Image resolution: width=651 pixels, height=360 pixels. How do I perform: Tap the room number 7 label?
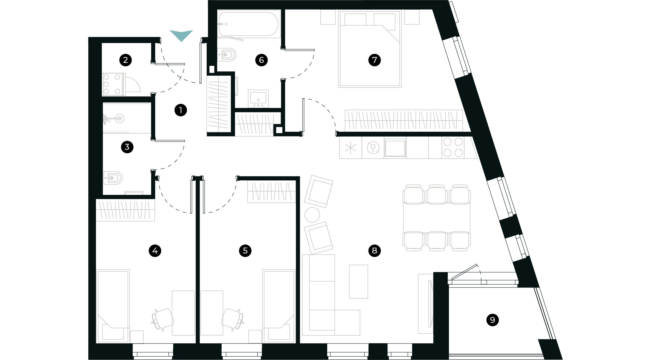pyautogui.click(x=374, y=60)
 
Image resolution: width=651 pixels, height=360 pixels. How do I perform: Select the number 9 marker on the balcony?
pyautogui.click(x=492, y=320)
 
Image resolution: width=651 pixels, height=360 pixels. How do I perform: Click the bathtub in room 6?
pyautogui.click(x=249, y=24)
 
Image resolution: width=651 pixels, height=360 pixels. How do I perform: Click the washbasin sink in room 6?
pyautogui.click(x=258, y=98)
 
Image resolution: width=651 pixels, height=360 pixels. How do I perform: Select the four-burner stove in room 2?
pyautogui.click(x=112, y=84)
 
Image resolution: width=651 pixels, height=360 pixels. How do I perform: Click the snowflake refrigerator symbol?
pyautogui.click(x=350, y=148)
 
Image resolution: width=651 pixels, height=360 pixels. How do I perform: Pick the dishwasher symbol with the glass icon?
pyautogui.click(x=373, y=148)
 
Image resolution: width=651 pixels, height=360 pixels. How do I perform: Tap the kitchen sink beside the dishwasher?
pyautogui.click(x=395, y=148)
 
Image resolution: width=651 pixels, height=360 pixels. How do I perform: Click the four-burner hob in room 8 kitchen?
pyautogui.click(x=453, y=147)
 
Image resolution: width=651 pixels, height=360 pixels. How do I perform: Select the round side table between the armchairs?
pyautogui.click(x=312, y=214)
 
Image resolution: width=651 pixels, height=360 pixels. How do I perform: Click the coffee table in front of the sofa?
pyautogui.click(x=358, y=282)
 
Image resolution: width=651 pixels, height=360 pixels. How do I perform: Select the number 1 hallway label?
pyautogui.click(x=181, y=110)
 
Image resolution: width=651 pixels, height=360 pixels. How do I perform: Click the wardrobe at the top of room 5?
pyautogui.click(x=271, y=192)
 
